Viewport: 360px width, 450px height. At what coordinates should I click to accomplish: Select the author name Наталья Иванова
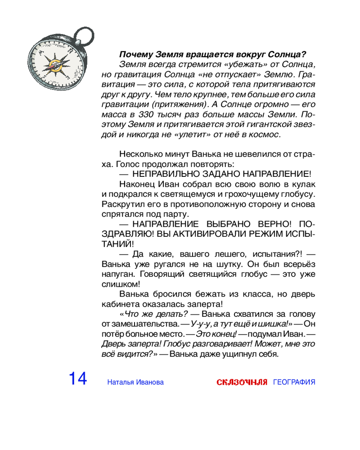click(135, 382)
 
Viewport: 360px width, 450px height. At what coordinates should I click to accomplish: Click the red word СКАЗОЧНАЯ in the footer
click(242, 382)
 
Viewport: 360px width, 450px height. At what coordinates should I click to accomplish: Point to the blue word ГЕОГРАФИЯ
click(294, 382)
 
